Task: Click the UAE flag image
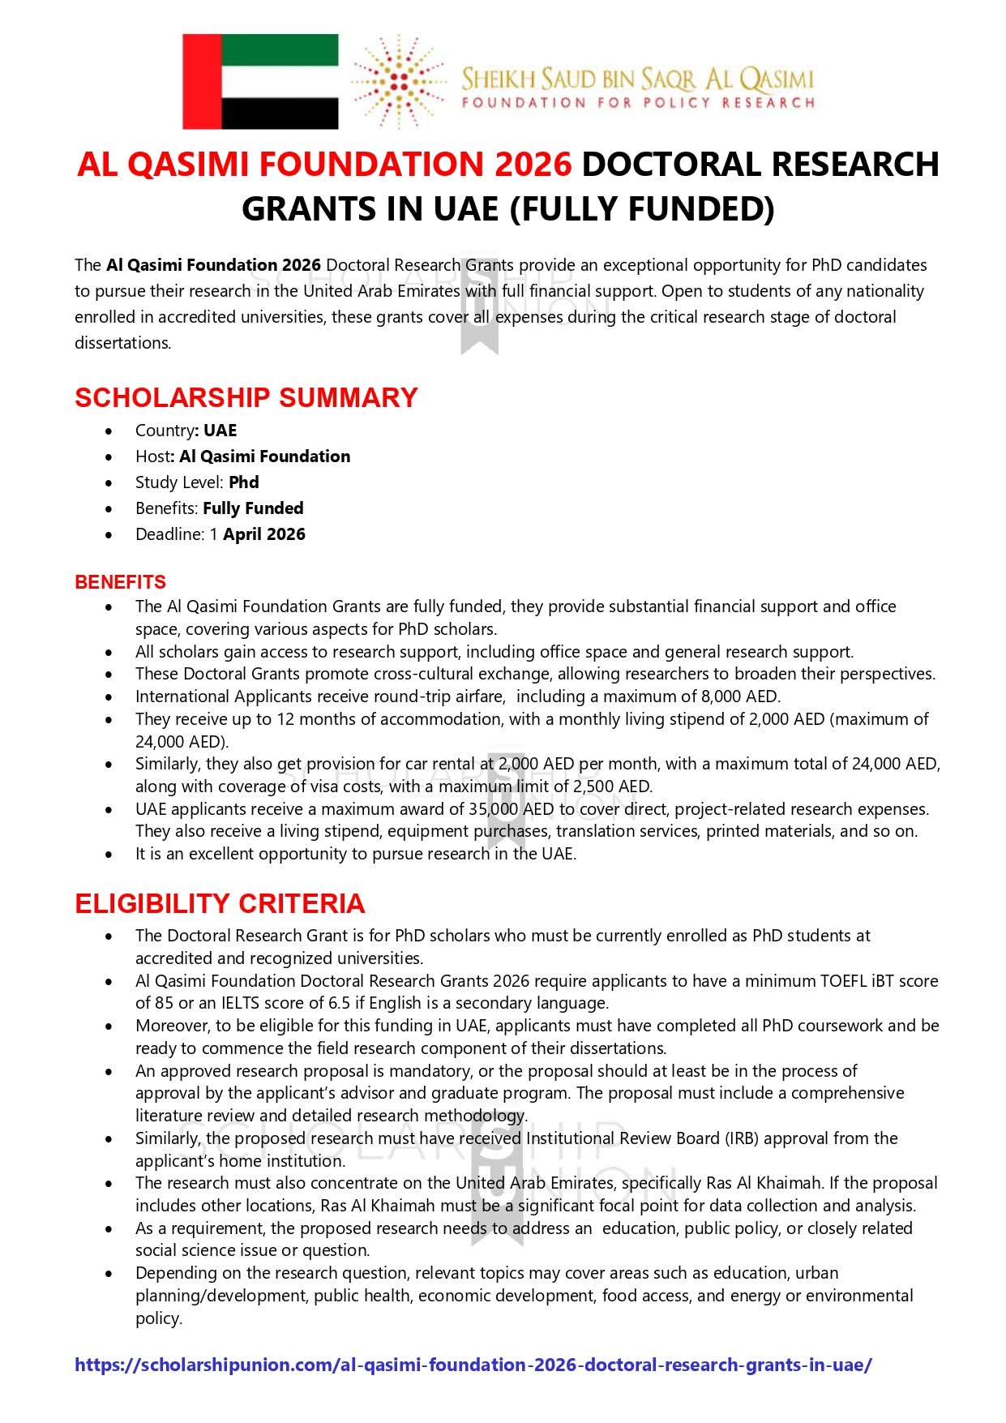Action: click(260, 81)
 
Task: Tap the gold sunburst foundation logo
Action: click(398, 81)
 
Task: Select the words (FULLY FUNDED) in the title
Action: click(642, 209)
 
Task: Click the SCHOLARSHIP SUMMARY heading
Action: click(246, 397)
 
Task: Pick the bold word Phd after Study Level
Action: click(243, 482)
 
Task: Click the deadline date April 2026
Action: click(264, 534)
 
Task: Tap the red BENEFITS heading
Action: click(120, 582)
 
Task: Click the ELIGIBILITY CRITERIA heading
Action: click(220, 903)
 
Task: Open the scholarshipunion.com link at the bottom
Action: click(473, 1365)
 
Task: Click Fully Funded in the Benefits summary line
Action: click(253, 508)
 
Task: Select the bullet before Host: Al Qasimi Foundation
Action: click(109, 457)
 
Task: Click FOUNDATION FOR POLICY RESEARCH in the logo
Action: click(638, 103)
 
